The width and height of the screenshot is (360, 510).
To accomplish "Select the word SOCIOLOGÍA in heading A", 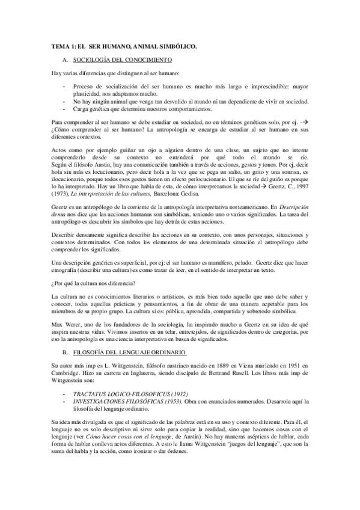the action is coord(90,60).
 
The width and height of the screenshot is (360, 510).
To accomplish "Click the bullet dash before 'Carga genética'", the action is coord(64,110).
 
